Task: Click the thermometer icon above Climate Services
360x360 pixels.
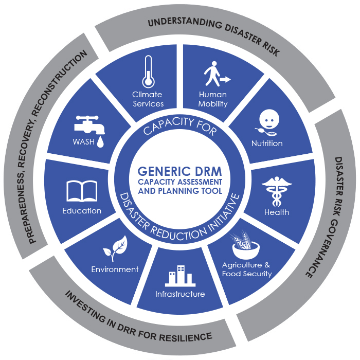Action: [148, 72]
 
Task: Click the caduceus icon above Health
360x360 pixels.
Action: [276, 191]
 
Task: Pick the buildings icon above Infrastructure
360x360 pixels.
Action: [179, 276]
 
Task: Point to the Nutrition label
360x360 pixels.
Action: [267, 143]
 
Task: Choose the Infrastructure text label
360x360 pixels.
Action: [180, 294]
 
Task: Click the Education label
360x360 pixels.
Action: [82, 210]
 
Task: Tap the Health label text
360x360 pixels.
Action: [277, 212]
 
